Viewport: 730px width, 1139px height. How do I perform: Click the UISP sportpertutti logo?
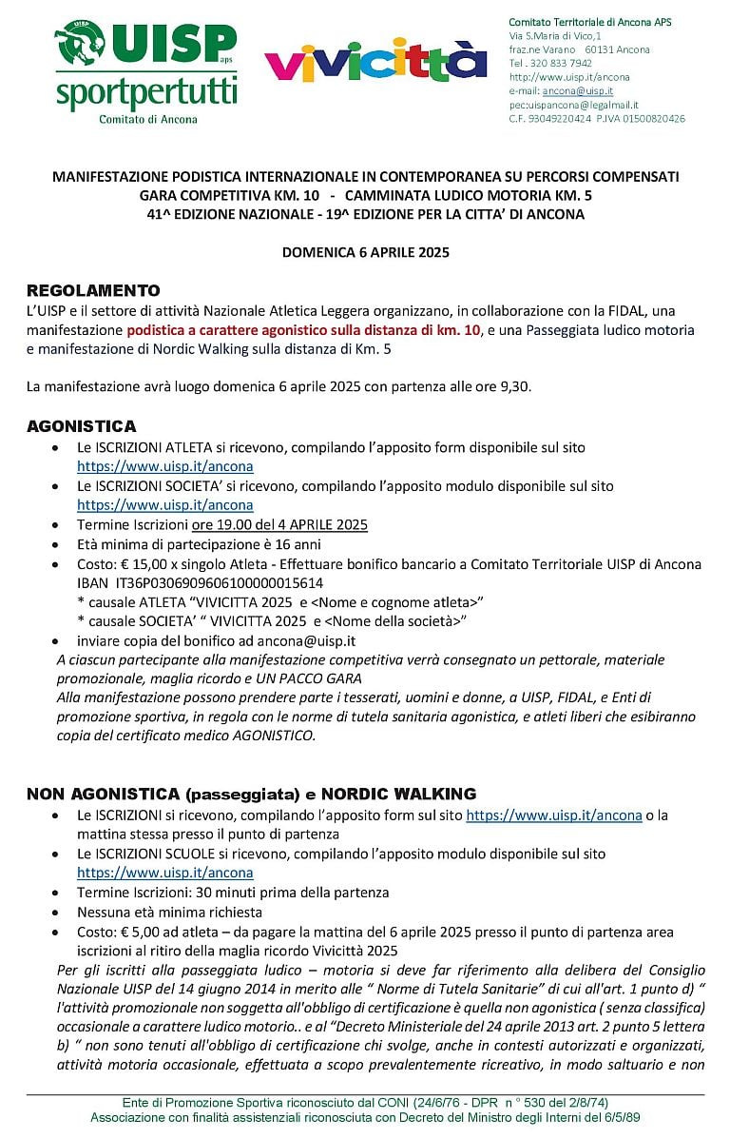coord(145,71)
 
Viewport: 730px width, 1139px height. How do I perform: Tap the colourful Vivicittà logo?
coord(375,60)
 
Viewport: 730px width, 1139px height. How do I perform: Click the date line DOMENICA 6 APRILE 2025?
coord(365,253)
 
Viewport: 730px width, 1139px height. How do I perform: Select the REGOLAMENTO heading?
coord(93,290)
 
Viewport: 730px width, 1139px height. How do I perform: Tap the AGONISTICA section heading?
coord(82,426)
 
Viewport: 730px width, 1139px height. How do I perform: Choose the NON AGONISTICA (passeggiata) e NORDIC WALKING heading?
coord(251,794)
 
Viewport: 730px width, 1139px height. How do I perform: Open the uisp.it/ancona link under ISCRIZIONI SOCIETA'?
coord(164,505)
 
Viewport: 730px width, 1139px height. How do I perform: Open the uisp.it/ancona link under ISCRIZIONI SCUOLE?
coord(164,873)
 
